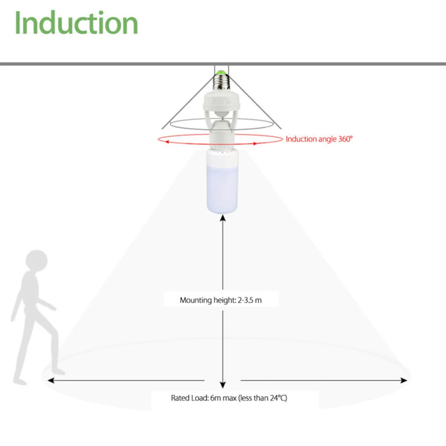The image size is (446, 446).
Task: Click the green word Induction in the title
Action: tap(76, 23)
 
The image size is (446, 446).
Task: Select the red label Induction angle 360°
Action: tap(319, 139)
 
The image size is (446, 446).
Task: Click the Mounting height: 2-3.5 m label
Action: tap(221, 300)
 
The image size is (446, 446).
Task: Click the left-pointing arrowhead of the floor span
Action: tap(50, 380)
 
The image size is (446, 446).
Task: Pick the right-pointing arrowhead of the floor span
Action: tap(405, 380)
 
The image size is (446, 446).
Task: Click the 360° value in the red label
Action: tap(344, 139)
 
